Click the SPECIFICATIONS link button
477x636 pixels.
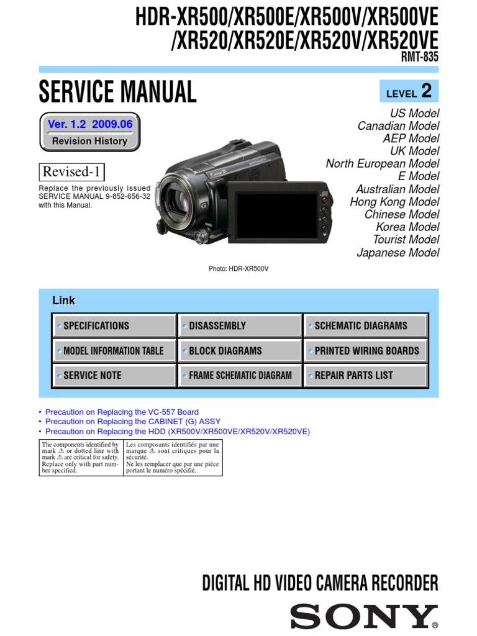tap(115, 325)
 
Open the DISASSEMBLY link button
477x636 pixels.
tap(240, 325)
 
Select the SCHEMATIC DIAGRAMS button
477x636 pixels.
tap(365, 325)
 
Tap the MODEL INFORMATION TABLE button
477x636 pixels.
tap(115, 350)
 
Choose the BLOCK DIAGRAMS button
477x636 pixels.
tap(240, 350)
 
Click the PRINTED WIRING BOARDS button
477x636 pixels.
tap(365, 350)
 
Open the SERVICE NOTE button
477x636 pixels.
tap(115, 375)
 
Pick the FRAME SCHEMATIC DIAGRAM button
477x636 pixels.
tap(240, 375)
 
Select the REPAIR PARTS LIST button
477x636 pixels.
tap(365, 375)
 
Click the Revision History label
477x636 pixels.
tap(89, 141)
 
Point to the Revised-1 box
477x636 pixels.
tap(72, 171)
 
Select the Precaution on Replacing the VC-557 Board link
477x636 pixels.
tap(122, 412)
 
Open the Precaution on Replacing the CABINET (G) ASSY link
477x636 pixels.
tap(133, 422)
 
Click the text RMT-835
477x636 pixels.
tap(420, 57)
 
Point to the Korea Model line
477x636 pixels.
tap(407, 227)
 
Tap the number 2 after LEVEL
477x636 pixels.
tap(426, 91)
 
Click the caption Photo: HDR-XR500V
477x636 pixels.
tap(238, 268)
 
